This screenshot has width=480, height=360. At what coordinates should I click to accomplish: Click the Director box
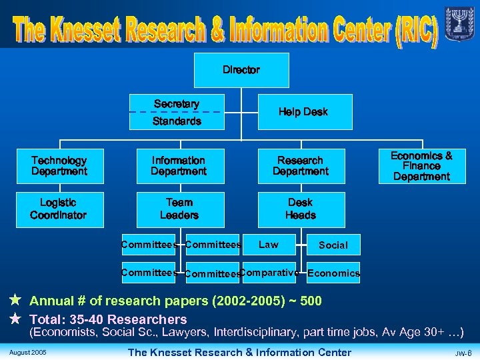tap(241, 70)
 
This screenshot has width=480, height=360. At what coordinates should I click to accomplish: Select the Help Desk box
tap(303, 112)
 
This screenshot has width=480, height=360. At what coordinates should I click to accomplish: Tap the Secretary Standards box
tap(177, 112)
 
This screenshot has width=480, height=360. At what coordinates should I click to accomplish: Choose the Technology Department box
tap(59, 166)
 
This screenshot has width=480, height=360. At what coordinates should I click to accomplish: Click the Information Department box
tap(178, 166)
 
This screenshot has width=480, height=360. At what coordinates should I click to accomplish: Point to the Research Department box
tap(301, 166)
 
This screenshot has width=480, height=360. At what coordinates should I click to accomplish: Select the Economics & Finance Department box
tap(421, 166)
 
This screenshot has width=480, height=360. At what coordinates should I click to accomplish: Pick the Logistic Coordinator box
tap(59, 209)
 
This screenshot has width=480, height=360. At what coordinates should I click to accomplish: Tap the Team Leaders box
tap(179, 209)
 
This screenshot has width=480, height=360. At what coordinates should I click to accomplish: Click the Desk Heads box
tap(301, 209)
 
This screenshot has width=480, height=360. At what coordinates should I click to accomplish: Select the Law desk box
tap(269, 245)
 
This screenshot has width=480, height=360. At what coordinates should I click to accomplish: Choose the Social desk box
tap(333, 245)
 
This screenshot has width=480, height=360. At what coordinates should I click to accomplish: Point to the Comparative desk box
tap(269, 273)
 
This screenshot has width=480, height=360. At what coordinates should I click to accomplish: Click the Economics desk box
tap(333, 273)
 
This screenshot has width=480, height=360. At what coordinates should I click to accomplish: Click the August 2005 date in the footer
tap(28, 352)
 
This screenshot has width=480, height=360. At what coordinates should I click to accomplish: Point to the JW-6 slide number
tap(463, 353)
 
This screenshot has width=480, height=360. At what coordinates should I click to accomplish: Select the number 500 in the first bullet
tap(311, 301)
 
